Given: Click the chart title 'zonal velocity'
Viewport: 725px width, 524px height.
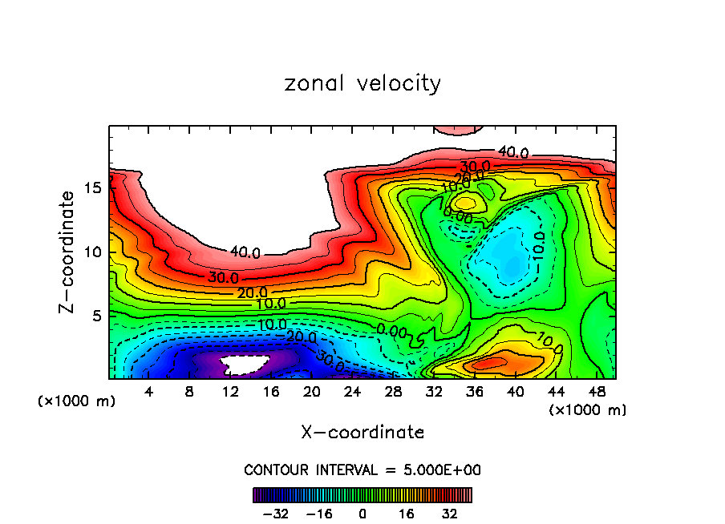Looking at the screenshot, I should click(362, 83).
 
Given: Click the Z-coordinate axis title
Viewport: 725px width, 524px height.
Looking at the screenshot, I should click(70, 252).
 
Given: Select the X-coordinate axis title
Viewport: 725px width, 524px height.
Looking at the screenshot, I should click(362, 433).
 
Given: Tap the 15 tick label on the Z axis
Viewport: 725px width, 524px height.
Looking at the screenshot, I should click(91, 187).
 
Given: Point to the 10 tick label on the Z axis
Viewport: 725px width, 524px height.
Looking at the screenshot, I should click(91, 252).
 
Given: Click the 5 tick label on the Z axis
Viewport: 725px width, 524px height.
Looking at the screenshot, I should click(95, 316).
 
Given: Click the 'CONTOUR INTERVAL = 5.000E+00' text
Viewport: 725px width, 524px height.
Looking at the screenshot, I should click(362, 470).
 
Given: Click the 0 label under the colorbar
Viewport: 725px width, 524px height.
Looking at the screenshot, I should click(362, 513).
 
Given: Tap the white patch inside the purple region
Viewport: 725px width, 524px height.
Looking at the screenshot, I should click(245, 365).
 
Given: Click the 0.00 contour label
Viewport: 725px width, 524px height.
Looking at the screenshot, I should click(392, 330).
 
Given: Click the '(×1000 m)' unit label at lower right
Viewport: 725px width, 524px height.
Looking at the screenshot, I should click(587, 410).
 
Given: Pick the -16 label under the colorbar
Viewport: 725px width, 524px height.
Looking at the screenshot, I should click(319, 513).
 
